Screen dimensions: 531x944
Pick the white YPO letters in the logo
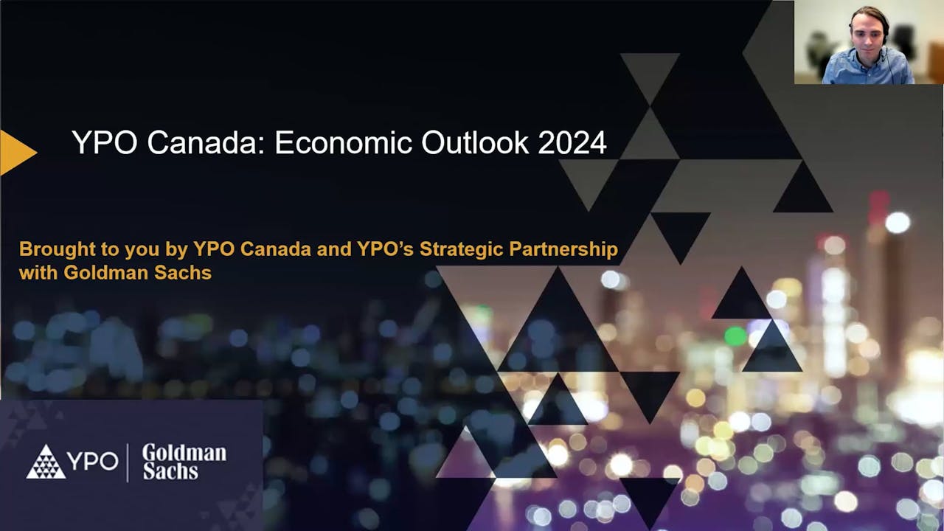(93, 462)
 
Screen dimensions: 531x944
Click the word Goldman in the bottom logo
(184, 451)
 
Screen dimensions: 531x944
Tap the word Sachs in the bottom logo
(170, 471)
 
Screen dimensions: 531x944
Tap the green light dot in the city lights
(735, 336)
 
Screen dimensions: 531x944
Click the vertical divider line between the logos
(128, 462)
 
